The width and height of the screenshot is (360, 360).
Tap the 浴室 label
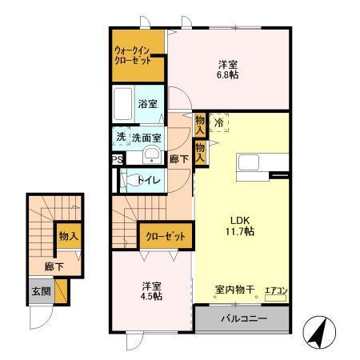[147, 104]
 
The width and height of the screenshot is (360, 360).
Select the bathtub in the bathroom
[123, 104]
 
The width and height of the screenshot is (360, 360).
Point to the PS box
[118, 159]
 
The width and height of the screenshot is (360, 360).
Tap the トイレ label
[150, 180]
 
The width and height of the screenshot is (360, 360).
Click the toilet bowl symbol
[128, 180]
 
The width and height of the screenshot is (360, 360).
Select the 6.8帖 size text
[228, 76]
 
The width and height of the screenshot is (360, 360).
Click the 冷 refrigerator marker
[218, 123]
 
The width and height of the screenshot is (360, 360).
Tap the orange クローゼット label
[166, 236]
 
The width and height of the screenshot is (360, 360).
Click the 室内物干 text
[234, 290]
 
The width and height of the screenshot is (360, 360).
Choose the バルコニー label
[241, 319]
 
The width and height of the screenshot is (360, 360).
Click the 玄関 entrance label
[41, 291]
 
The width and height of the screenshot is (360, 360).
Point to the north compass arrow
[320, 330]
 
